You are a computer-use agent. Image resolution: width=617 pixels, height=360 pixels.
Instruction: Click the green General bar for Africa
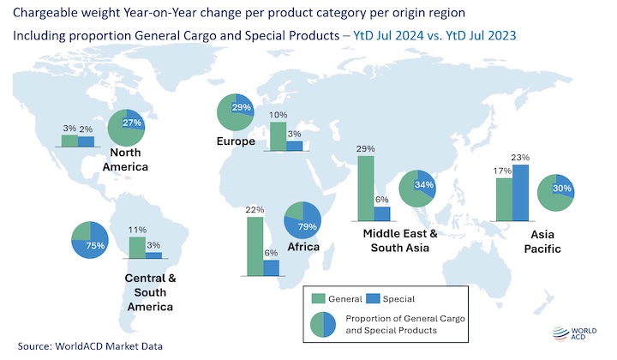pyautogui.click(x=255, y=246)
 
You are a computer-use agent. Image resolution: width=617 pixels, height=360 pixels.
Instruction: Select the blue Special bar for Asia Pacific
pyautogui.click(x=520, y=193)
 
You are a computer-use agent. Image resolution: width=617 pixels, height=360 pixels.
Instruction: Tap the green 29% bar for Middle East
pyautogui.click(x=366, y=189)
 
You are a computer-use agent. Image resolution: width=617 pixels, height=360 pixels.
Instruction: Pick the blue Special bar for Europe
pyautogui.click(x=294, y=146)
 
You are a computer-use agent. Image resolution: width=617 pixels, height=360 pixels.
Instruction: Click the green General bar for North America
pyautogui.click(x=69, y=141)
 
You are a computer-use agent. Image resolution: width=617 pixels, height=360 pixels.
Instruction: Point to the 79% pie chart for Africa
pyautogui.click(x=303, y=220)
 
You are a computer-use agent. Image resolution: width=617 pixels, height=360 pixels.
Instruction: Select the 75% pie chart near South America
pyautogui.click(x=90, y=240)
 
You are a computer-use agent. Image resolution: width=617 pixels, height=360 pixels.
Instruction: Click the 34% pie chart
pyautogui.click(x=417, y=189)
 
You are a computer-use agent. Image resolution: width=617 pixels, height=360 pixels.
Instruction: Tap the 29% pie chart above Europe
pyautogui.click(x=236, y=112)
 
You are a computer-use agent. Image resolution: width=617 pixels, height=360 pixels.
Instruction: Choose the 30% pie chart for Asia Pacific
pyautogui.click(x=555, y=193)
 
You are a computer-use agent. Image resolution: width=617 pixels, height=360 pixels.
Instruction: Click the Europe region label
pyautogui.click(x=236, y=141)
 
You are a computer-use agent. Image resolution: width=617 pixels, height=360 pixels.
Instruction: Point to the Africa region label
pyautogui.click(x=303, y=247)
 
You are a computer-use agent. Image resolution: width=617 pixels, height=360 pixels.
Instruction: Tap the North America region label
pyautogui.click(x=125, y=159)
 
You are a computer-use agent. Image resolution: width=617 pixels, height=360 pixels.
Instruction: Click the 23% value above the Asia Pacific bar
pyautogui.click(x=520, y=158)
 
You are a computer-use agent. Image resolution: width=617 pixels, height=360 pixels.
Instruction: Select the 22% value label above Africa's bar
pyautogui.click(x=255, y=210)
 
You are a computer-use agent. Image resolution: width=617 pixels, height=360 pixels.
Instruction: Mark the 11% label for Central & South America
pyautogui.click(x=137, y=230)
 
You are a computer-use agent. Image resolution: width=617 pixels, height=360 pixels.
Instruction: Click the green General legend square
pyautogui.click(x=318, y=298)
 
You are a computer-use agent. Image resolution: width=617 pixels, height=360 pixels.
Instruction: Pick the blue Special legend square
pyautogui.click(x=373, y=298)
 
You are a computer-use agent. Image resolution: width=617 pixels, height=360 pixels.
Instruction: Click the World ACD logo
pyautogui.click(x=574, y=333)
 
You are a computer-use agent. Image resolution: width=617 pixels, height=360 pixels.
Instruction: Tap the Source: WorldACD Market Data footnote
pyautogui.click(x=90, y=346)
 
